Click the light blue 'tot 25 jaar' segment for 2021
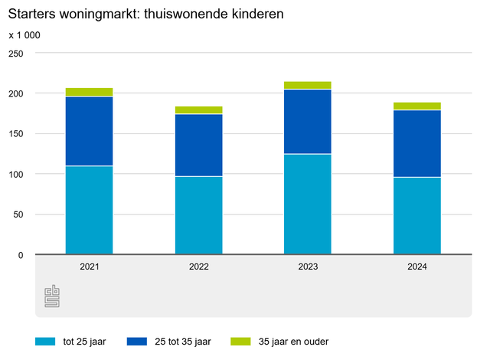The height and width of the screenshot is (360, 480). click(89, 210)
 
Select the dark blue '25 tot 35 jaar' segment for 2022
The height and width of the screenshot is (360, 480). click(198, 145)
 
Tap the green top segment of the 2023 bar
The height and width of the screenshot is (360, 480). click(308, 85)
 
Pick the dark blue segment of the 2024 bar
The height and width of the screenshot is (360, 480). click(417, 143)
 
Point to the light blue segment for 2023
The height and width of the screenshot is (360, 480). click(308, 204)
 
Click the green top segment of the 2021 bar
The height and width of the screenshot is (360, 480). click(89, 92)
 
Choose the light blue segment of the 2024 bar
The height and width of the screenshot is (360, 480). click(417, 215)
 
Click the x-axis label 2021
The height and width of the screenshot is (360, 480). click(90, 267)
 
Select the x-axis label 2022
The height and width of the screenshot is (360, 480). click(199, 267)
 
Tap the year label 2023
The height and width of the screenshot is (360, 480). click(308, 267)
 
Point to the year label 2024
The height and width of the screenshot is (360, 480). click(417, 267)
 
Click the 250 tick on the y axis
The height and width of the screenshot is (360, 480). click(16, 54)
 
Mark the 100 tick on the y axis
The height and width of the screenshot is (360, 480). click(16, 174)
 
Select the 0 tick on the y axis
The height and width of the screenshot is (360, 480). click(21, 255)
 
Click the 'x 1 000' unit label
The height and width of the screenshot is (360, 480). click(24, 35)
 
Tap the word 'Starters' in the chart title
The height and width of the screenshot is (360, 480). click(32, 14)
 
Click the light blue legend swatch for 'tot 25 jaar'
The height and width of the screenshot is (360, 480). click(46, 342)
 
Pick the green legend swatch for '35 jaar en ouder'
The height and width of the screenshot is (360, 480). click(241, 342)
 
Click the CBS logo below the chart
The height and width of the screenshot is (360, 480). click(52, 296)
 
